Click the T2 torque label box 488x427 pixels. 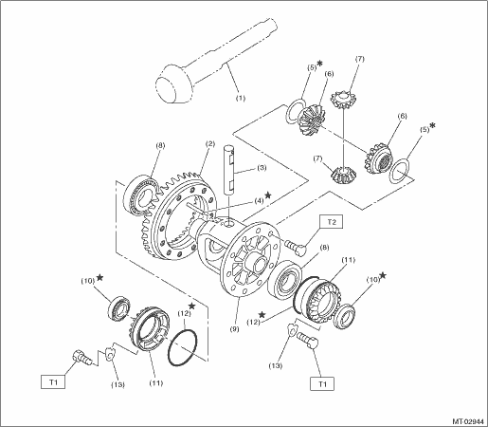(x=332, y=222)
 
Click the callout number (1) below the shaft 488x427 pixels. (x=241, y=98)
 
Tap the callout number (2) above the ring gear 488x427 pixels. (x=209, y=144)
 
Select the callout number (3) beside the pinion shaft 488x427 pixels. (x=262, y=168)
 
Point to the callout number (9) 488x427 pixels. (x=234, y=329)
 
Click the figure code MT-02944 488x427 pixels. (x=468, y=421)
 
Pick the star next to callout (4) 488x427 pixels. (x=268, y=195)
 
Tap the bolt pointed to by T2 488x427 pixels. (x=296, y=247)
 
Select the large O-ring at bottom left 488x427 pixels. (x=183, y=347)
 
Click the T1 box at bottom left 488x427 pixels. (x=53, y=382)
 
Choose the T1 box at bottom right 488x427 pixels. (x=322, y=384)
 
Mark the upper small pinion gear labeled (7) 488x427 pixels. (x=343, y=99)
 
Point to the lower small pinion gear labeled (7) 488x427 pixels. (x=344, y=176)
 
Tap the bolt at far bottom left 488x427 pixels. (x=81, y=358)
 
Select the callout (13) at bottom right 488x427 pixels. (x=276, y=366)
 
